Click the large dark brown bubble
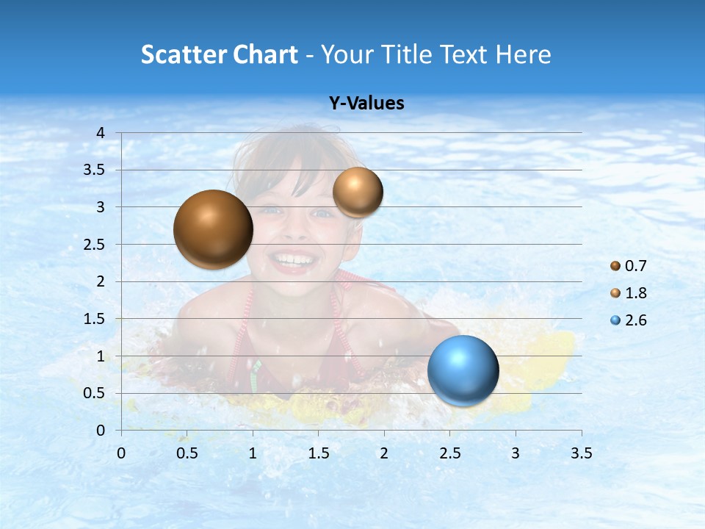coord(213,229)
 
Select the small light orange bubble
coord(358,192)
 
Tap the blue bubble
coord(463,370)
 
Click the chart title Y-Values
coord(366,104)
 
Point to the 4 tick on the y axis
coord(101,133)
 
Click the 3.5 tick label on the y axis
coord(94,170)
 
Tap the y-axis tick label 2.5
coord(94,245)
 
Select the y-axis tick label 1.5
coord(94,319)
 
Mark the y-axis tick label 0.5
coord(94,393)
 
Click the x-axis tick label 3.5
coord(581,453)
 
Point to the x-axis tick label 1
coord(253,453)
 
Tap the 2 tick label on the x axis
coord(384,453)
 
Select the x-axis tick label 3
coord(516,453)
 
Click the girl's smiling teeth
coord(293,259)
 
